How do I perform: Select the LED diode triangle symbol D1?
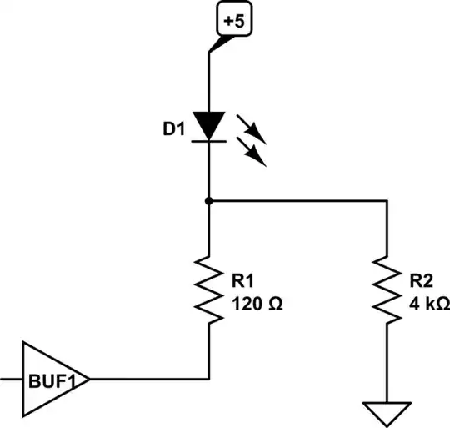[208, 124]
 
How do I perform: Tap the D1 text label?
[176, 130]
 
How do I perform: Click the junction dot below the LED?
[208, 201]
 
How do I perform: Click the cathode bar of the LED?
[208, 141]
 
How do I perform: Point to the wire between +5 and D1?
[208, 79]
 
